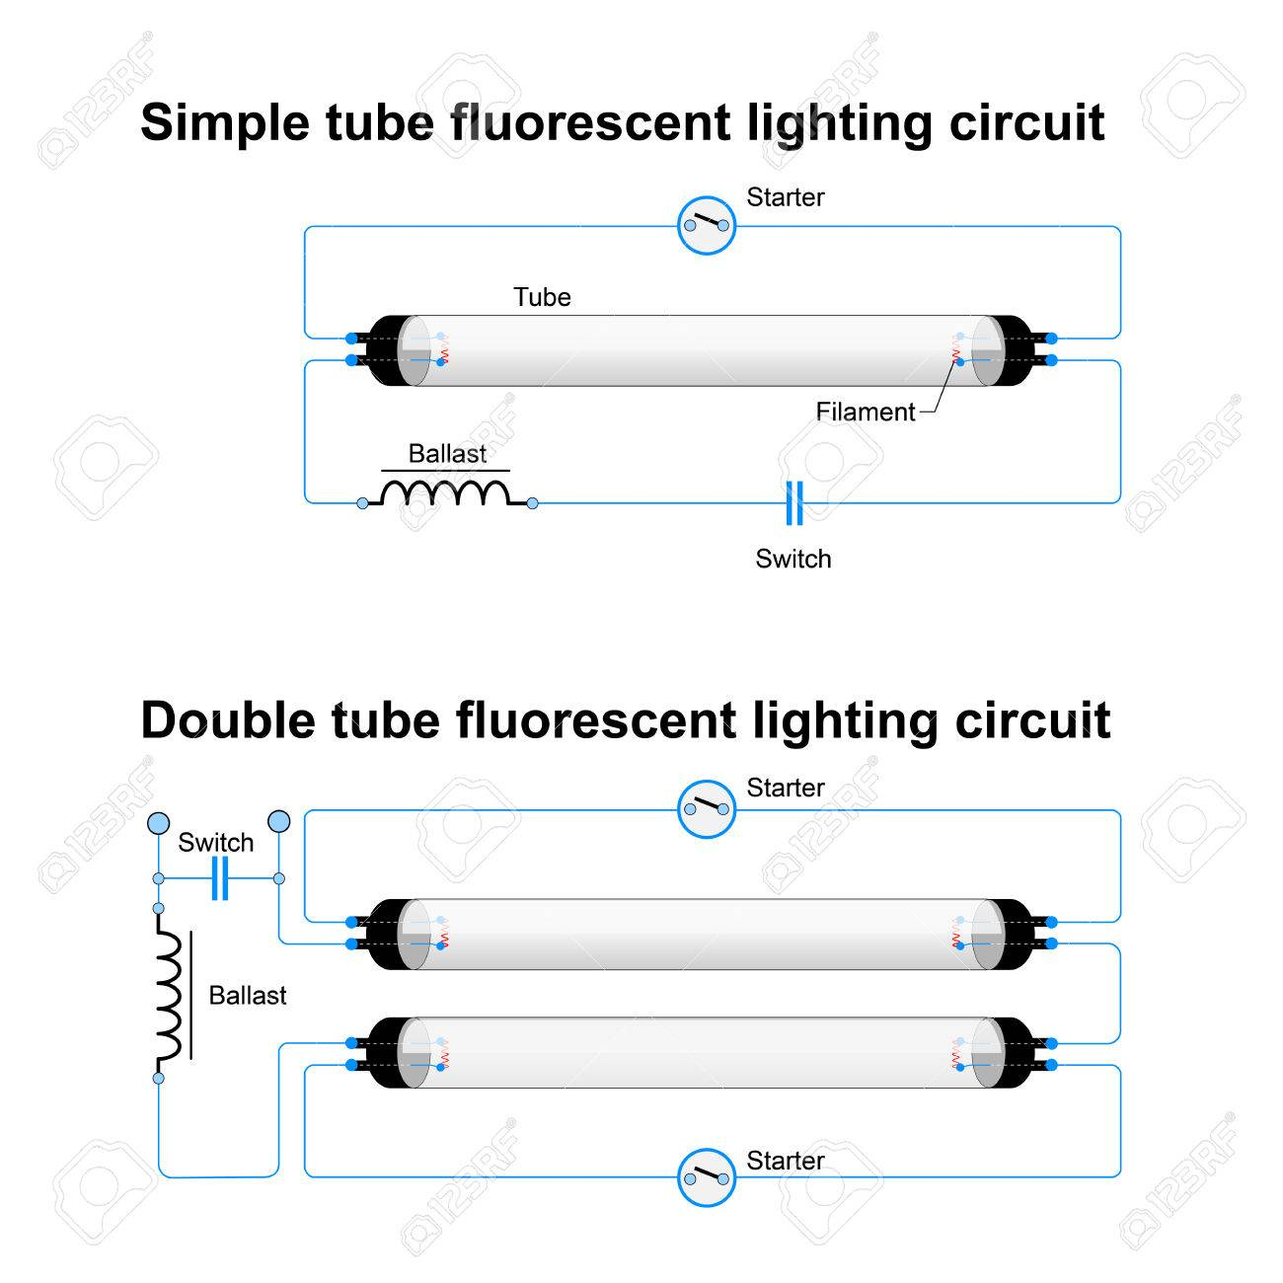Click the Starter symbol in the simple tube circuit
707,226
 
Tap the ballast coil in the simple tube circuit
447,492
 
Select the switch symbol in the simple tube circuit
793,503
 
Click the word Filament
866,412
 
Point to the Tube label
542,297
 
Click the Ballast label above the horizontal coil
447,454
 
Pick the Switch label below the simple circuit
793,559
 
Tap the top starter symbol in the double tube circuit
707,809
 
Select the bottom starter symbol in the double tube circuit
707,1176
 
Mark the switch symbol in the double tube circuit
220,878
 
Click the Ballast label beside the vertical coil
248,995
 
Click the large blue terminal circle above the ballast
158,823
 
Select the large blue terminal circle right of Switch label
279,821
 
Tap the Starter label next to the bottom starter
785,1161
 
